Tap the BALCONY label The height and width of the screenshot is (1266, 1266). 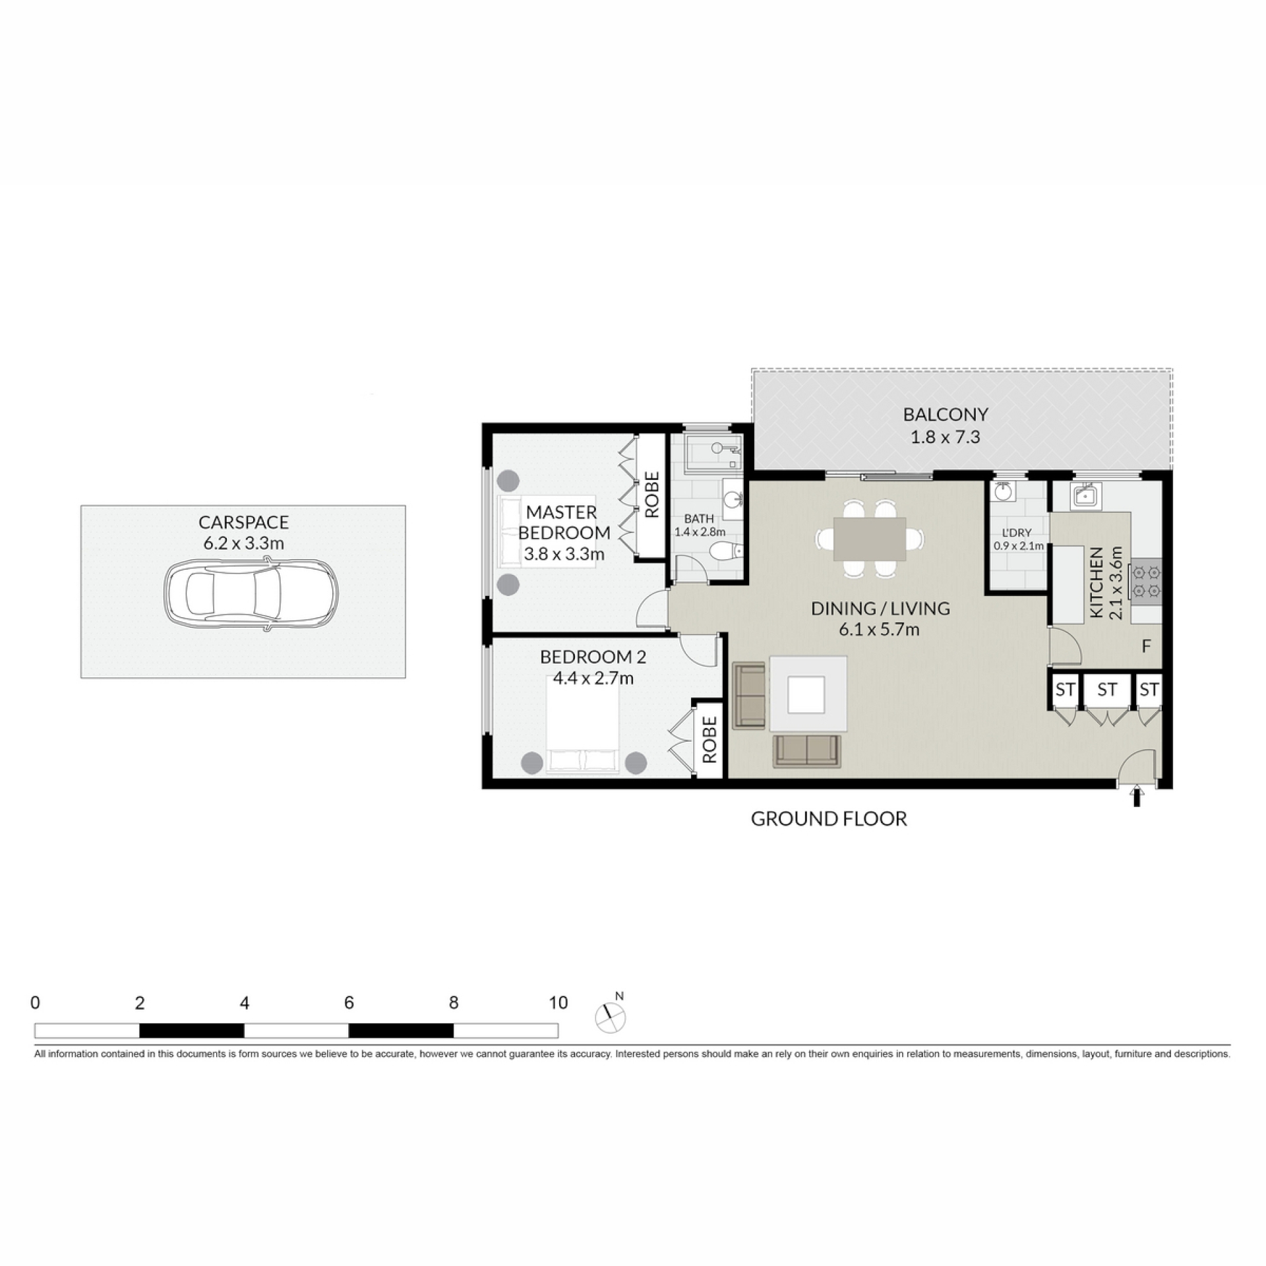coord(946,414)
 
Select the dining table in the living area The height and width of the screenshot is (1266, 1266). coord(870,539)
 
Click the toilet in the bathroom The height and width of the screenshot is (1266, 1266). coord(727,551)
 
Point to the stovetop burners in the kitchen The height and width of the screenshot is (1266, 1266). coord(1147,582)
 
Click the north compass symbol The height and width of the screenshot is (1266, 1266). coord(611,1017)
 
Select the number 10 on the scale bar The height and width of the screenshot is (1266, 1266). coord(558,1003)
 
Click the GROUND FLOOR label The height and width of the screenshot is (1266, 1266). coord(829,819)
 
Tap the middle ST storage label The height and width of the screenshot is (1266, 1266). coord(1107,690)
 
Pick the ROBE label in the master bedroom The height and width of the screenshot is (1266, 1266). coord(651,495)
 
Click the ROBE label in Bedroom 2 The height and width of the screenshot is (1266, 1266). coord(709,740)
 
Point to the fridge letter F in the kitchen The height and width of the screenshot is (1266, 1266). coord(1146,646)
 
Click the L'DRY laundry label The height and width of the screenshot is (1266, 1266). coord(1017,533)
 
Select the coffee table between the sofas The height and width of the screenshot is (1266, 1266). coord(808,693)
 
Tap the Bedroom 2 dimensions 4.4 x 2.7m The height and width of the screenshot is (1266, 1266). coord(593,678)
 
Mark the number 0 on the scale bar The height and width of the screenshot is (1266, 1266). coord(35,1003)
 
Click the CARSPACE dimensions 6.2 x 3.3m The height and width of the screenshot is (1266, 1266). coord(244,543)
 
